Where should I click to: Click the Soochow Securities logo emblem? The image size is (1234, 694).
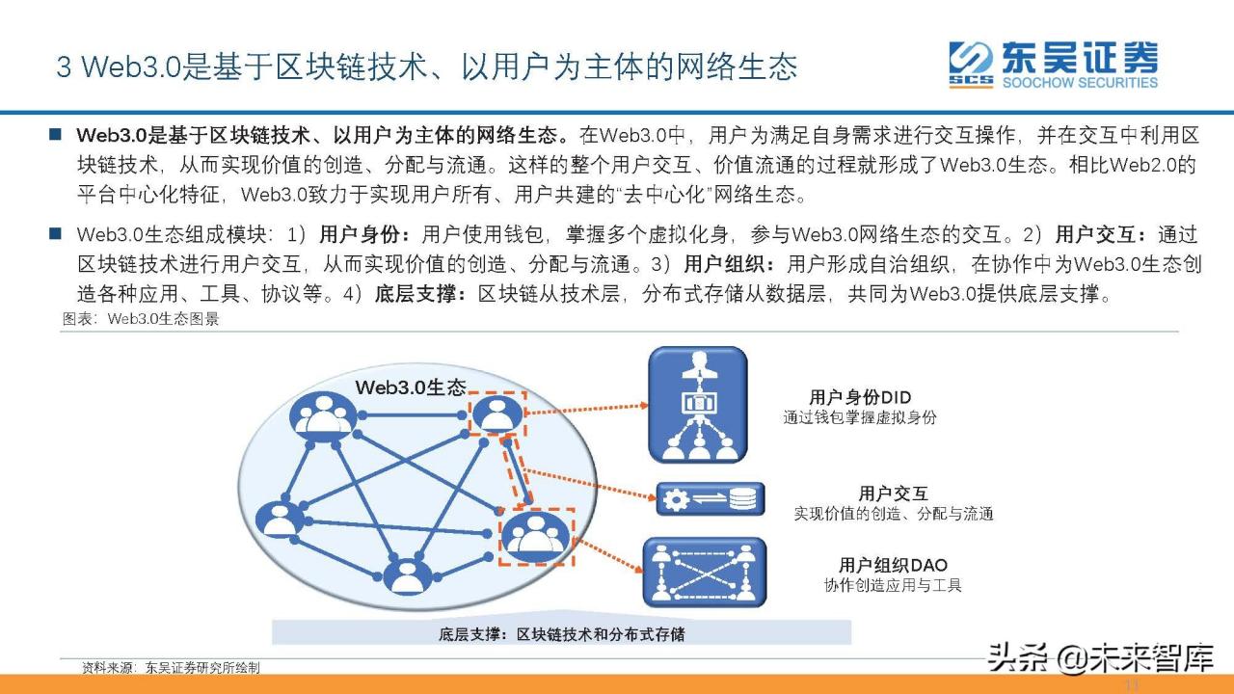point(970,64)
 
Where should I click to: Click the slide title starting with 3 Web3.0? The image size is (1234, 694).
point(427,66)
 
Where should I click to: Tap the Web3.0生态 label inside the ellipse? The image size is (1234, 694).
point(411,387)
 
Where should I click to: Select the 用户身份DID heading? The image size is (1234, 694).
point(860,397)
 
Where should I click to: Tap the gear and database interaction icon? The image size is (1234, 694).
point(711,499)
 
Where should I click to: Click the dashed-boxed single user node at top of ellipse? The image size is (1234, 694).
point(496,414)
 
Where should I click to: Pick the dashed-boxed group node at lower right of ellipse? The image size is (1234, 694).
point(536,535)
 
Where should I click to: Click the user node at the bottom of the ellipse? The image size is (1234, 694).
point(407,574)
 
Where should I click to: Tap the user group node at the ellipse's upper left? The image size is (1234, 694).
point(324,414)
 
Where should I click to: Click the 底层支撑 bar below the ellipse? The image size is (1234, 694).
point(561,633)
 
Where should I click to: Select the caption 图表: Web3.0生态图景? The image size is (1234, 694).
point(141,319)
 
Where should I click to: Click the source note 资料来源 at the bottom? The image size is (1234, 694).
point(171,667)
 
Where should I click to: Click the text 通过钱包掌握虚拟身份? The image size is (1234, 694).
point(860,417)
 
